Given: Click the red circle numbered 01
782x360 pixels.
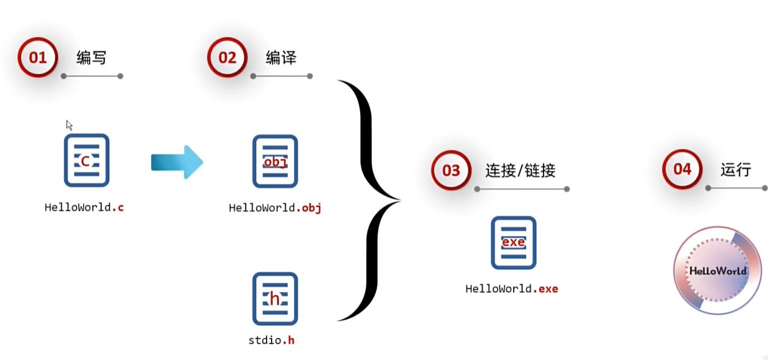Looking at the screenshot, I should (37, 57).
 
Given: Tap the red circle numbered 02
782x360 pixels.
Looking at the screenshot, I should (227, 57).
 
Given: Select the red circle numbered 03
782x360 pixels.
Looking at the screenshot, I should (451, 170).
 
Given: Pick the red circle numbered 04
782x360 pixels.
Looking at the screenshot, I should (682, 169).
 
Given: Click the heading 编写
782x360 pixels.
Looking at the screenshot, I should (91, 58).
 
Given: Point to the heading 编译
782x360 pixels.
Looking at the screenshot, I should (281, 58).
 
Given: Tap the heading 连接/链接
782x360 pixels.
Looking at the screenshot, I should (520, 171).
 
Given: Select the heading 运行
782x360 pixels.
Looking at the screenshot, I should (736, 169).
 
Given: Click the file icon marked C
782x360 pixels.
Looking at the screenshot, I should (86, 161).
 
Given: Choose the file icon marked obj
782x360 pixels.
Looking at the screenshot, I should (275, 161).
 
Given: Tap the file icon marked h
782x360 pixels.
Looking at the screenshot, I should (275, 299).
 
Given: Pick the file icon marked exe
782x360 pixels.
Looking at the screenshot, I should (514, 243).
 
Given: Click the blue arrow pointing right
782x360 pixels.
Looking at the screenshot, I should (177, 162).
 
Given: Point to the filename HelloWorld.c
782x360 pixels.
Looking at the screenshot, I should (84, 207).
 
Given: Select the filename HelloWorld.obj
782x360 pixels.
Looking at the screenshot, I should (275, 208).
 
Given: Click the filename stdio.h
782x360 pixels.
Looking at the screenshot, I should (271, 340).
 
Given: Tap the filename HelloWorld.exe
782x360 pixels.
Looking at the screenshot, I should (512, 288).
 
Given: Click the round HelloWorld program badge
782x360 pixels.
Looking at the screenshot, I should (718, 270).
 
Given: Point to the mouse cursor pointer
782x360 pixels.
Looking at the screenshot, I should (69, 125).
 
